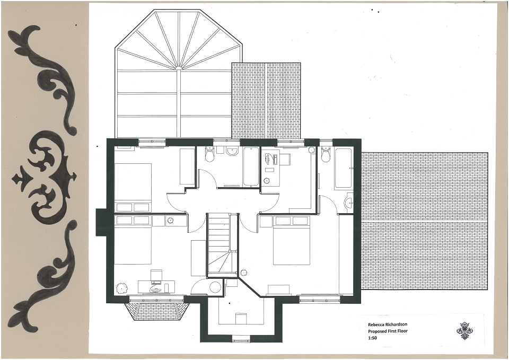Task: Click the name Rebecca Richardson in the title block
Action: [x=387, y=324]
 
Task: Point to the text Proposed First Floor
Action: [x=388, y=331]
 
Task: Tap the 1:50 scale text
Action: [x=372, y=338]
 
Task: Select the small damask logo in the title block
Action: [x=464, y=330]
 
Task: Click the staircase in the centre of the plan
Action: [x=223, y=245]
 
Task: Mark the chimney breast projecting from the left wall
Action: [x=101, y=223]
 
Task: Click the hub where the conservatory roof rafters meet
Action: [x=179, y=68]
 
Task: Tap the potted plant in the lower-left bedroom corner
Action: [x=122, y=287]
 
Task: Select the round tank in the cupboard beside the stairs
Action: [x=215, y=287]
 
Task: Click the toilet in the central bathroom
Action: [x=210, y=154]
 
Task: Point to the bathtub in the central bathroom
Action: [x=251, y=167]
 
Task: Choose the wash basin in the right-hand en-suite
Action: [x=349, y=203]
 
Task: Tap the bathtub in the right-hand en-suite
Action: [x=344, y=168]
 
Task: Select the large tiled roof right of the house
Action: [x=425, y=221]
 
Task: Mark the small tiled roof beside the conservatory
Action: [x=266, y=101]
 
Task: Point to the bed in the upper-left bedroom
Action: [x=133, y=183]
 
